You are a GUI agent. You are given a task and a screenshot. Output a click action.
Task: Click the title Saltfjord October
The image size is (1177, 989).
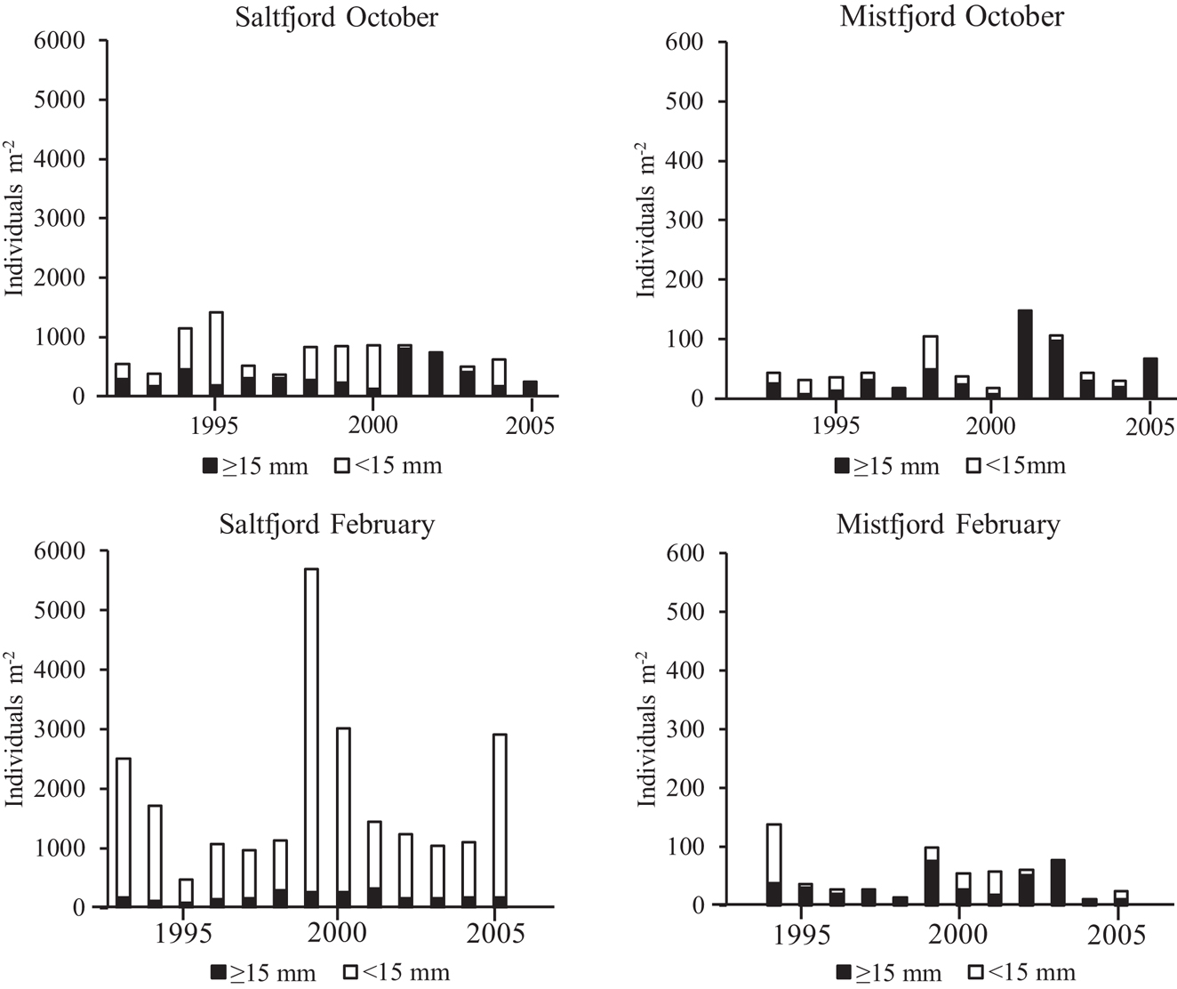tap(336, 18)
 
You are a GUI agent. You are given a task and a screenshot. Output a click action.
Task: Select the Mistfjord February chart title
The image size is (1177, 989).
tap(948, 525)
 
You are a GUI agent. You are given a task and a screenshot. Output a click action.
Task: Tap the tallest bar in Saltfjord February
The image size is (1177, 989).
tap(311, 738)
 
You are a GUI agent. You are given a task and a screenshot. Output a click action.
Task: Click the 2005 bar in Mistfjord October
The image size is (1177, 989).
tap(1150, 378)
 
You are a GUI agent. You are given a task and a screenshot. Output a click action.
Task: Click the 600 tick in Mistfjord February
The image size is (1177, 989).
tap(685, 553)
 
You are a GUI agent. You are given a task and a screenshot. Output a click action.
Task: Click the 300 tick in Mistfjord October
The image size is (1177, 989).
tap(685, 221)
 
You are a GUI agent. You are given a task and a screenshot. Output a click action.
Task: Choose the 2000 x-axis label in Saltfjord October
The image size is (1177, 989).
tap(373, 425)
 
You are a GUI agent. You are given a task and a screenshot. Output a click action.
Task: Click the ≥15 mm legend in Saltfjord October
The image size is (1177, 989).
tap(256, 466)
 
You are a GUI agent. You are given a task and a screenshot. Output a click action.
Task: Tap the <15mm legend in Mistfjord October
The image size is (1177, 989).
tap(1016, 466)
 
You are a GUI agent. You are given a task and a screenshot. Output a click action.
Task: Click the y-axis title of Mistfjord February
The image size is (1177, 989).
tap(646, 729)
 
